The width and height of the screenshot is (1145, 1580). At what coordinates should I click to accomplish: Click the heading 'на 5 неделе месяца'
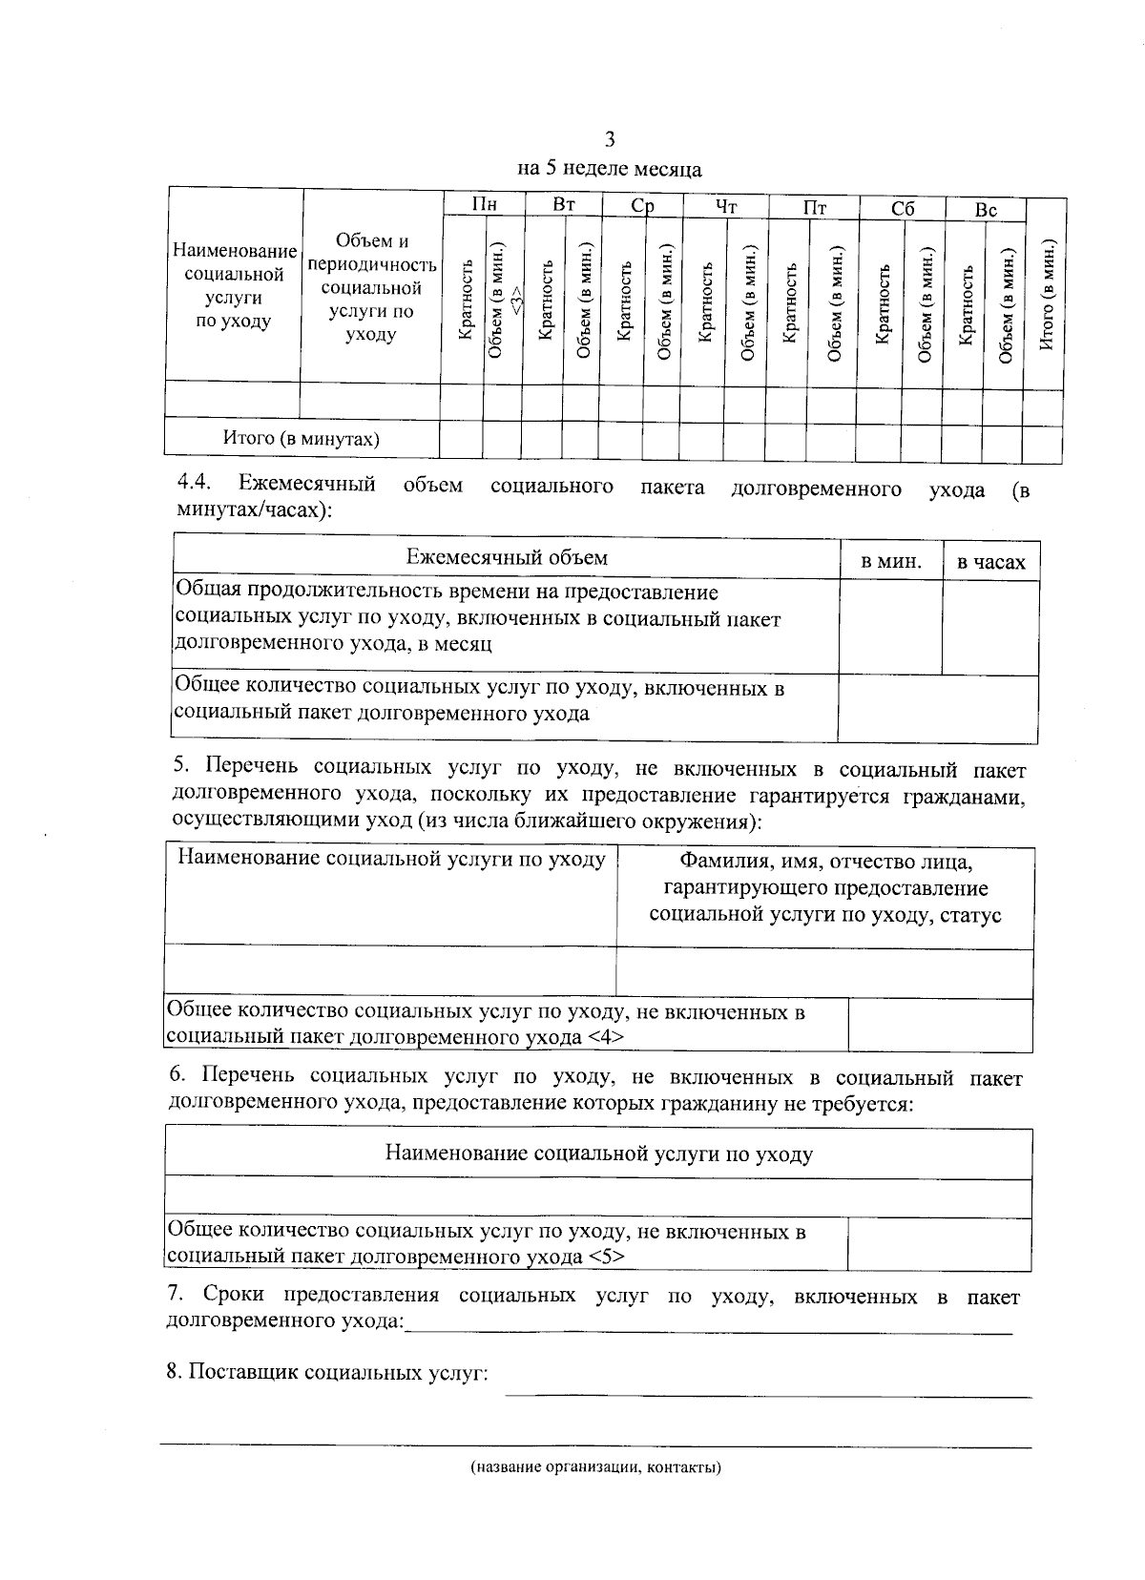point(609,170)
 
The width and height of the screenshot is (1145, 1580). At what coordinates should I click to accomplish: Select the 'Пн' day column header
point(485,204)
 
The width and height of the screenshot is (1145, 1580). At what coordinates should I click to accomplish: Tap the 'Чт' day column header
point(726,206)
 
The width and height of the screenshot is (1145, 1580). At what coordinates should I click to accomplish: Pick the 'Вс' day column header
point(986,210)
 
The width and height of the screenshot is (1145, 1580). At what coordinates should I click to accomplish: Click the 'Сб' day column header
point(902,209)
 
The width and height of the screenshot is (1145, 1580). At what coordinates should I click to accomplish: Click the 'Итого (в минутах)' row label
point(302,439)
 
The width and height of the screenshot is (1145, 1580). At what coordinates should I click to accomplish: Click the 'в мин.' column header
point(891,561)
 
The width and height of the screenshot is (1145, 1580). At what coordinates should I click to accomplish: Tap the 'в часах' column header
point(991,563)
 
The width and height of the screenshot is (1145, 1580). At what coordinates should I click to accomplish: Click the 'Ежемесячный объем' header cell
point(507,557)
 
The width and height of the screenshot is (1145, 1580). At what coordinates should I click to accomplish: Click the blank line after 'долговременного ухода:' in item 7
point(707,1329)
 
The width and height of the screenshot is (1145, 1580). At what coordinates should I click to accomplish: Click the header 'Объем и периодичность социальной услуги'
point(371,287)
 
